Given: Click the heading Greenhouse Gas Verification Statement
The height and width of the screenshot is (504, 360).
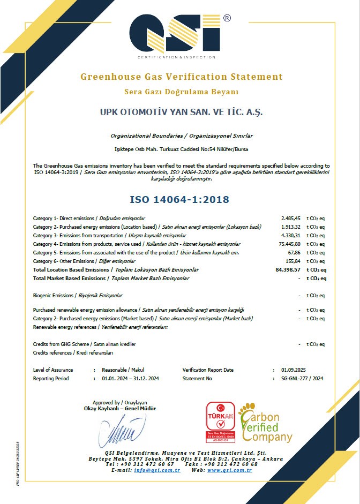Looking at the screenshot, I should (181, 77).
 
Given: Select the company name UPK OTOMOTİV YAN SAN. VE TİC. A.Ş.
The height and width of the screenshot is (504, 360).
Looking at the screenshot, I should (182, 113).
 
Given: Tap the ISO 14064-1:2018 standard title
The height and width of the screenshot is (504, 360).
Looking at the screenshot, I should (179, 200).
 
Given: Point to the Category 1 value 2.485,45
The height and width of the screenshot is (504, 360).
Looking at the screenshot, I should (290, 219).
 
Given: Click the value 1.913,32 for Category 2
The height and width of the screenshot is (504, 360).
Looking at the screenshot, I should (290, 227).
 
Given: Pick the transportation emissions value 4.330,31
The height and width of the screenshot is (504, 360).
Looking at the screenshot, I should (290, 236).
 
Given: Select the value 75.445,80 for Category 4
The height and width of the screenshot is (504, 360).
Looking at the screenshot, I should (289, 244).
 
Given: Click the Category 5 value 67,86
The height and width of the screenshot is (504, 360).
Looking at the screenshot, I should (294, 253).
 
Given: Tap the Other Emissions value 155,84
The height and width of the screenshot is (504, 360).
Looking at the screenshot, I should (292, 261).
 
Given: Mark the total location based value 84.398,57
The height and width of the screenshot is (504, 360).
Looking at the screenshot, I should (287, 270).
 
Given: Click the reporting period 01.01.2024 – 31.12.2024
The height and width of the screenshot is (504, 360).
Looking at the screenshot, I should (130, 379).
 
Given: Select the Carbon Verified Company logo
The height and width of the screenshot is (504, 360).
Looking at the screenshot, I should (266, 423).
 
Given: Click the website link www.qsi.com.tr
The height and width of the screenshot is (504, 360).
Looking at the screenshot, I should (229, 470).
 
